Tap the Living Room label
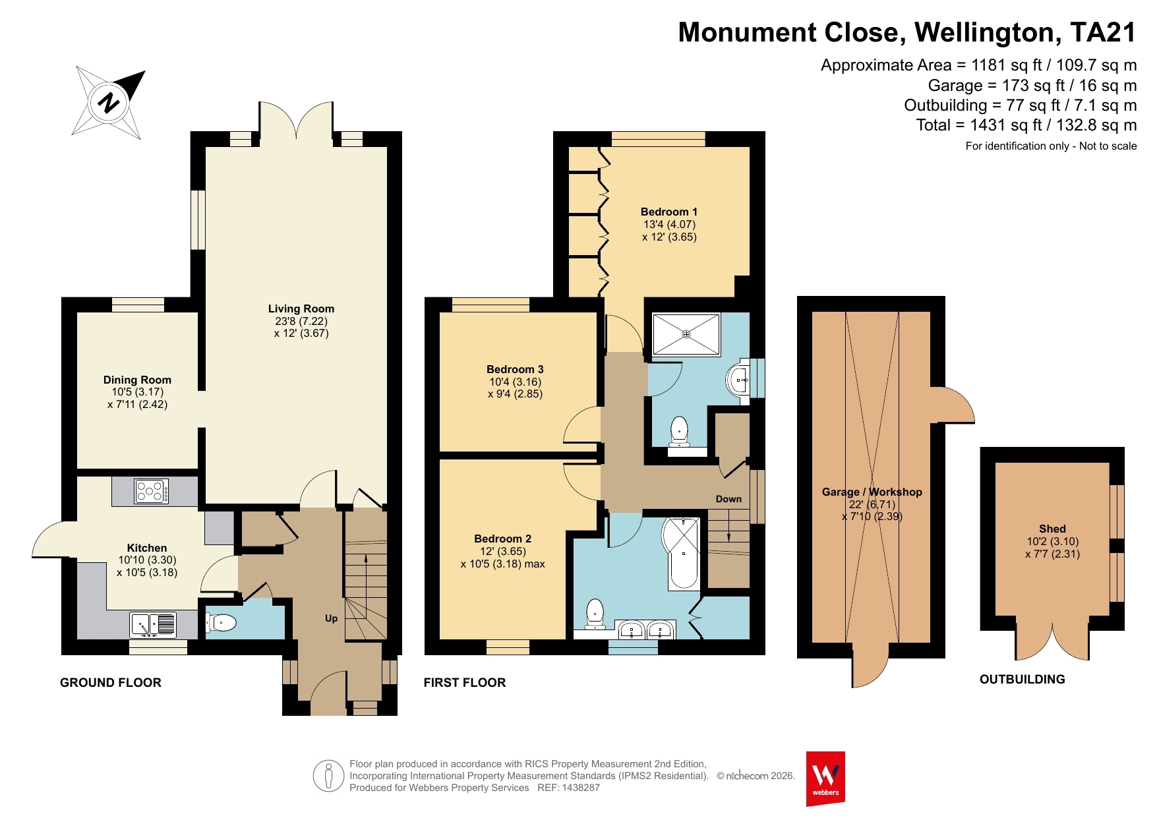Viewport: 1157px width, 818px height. pyautogui.click(x=301, y=308)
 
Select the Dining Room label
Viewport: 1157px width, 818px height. pyautogui.click(x=137, y=380)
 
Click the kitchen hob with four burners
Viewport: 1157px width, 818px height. pyautogui.click(x=151, y=491)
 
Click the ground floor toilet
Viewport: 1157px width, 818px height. pyautogui.click(x=220, y=622)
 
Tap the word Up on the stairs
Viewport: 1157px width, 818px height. pyautogui.click(x=331, y=618)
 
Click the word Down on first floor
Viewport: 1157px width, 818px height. pyautogui.click(x=728, y=499)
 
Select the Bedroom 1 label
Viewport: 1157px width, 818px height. pyautogui.click(x=669, y=212)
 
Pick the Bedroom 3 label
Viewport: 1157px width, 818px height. pyautogui.click(x=515, y=369)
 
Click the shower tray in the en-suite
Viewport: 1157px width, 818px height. pyautogui.click(x=686, y=334)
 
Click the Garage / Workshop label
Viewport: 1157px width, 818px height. pyautogui.click(x=872, y=492)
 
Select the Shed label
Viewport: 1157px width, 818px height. pyautogui.click(x=1052, y=529)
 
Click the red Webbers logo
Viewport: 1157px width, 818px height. pyautogui.click(x=825, y=778)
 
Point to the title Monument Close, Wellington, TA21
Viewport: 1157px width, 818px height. pyautogui.click(x=907, y=32)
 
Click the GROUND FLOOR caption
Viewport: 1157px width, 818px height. pyautogui.click(x=111, y=683)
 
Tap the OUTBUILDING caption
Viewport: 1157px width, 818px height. pyautogui.click(x=1023, y=680)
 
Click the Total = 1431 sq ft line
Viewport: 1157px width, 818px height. pyautogui.click(x=1026, y=125)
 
